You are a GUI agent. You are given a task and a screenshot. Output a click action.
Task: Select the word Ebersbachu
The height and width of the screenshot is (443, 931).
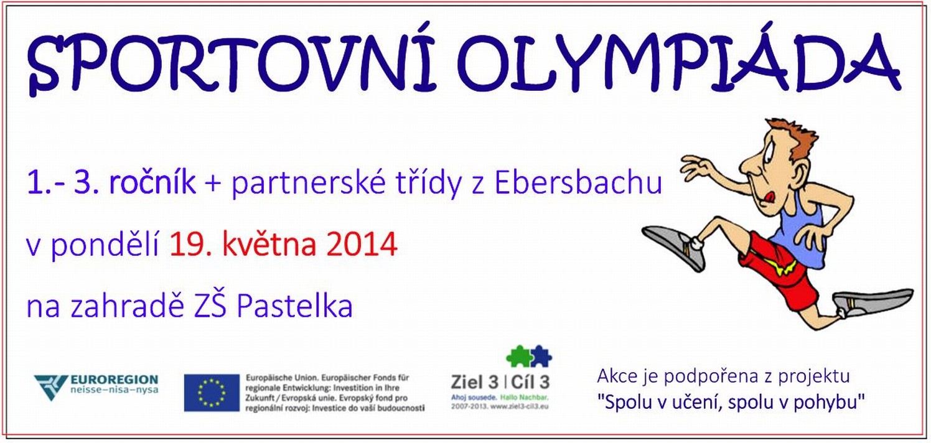point(578,182)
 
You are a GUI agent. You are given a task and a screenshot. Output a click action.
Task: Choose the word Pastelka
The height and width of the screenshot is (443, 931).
point(295,306)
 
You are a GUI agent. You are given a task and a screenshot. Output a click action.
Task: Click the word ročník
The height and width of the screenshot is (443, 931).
point(152,182)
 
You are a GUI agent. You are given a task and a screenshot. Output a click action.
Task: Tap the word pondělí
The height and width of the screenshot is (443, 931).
point(105,245)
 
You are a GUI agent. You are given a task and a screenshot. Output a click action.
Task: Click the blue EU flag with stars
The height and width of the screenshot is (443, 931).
point(212,393)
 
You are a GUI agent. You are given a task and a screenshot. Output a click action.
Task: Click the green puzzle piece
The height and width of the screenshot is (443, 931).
point(517,356)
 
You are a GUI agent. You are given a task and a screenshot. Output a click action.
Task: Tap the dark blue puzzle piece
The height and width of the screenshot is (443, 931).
point(541,356)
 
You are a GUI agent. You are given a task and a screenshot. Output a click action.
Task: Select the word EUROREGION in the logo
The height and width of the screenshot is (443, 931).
point(114,380)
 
